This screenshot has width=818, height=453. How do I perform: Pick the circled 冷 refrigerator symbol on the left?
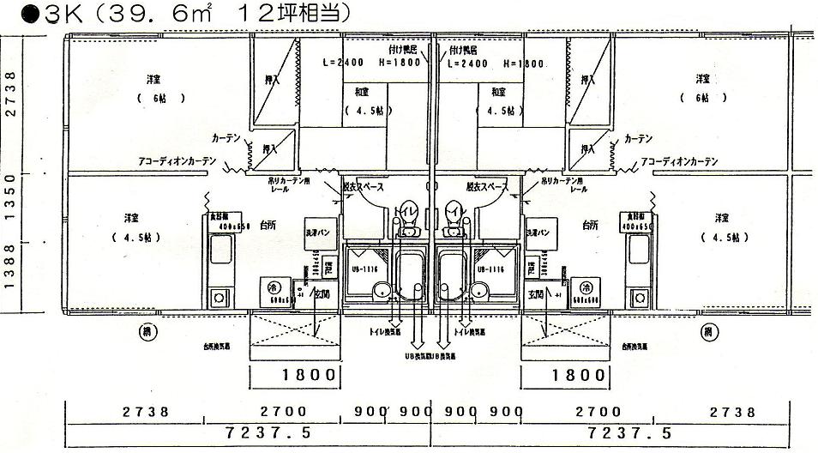click(275, 287)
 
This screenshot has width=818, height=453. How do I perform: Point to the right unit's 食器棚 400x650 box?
click(641, 221)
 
